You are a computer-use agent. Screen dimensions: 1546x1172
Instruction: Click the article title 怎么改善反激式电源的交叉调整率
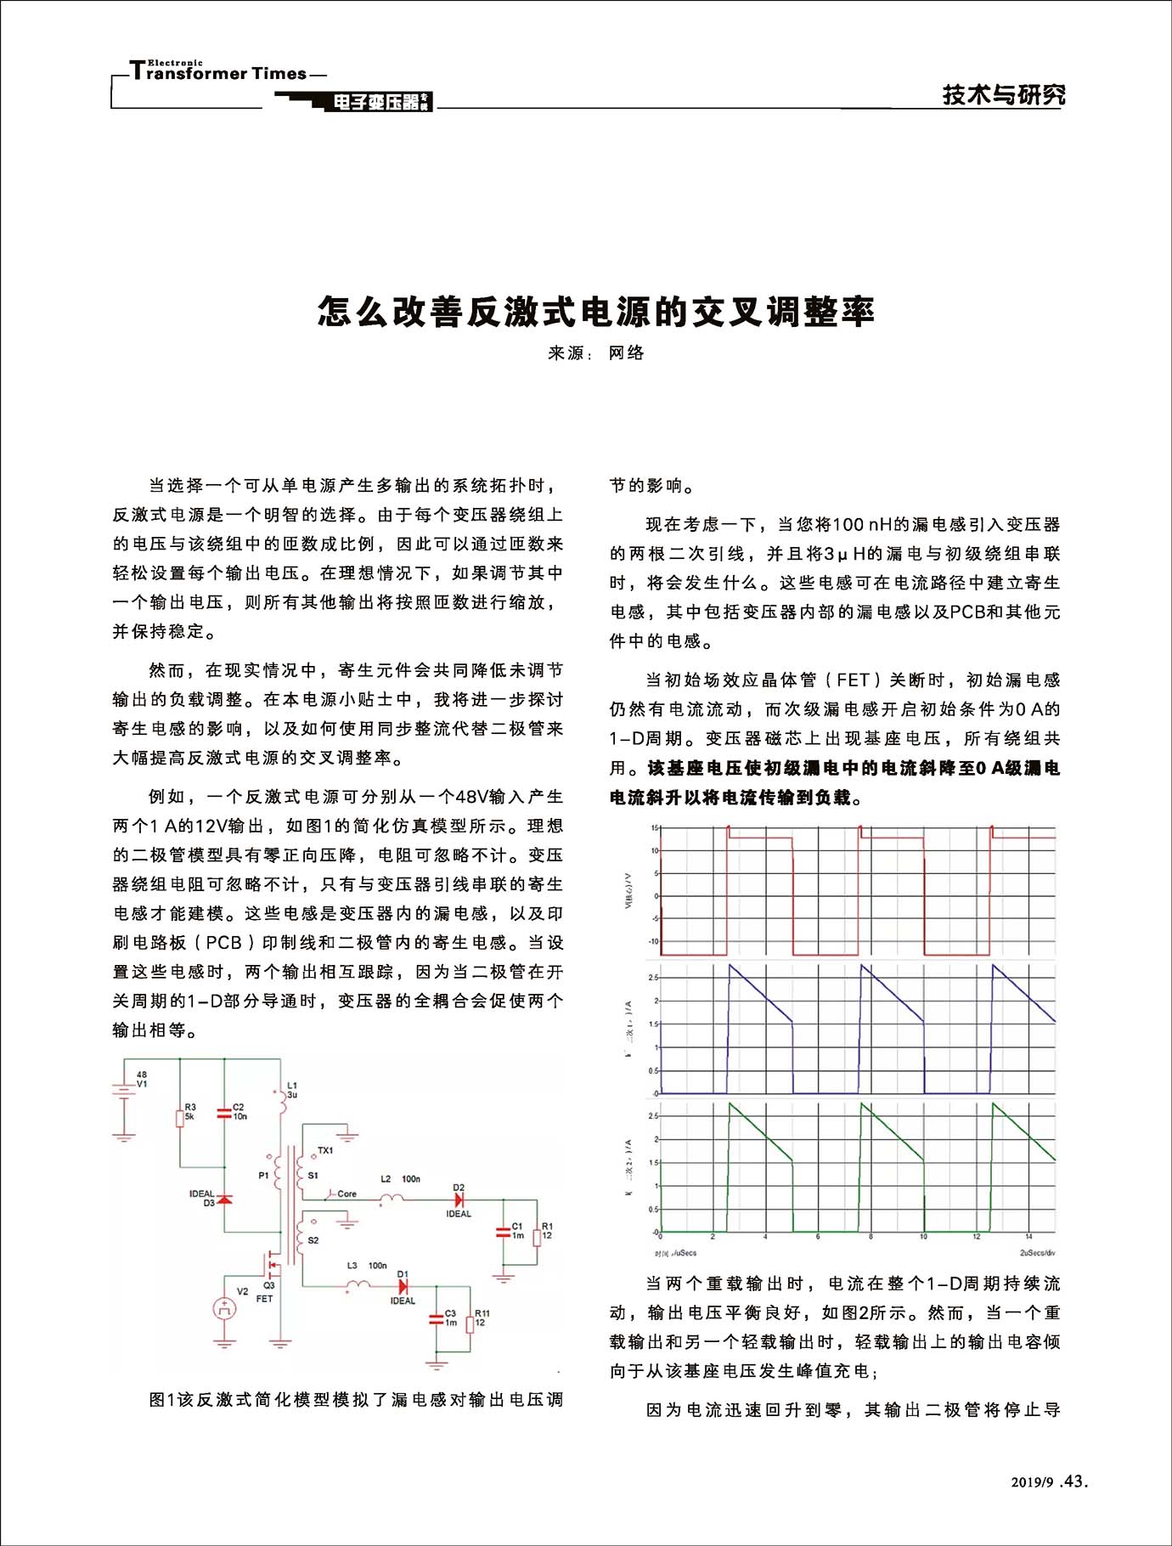(596, 312)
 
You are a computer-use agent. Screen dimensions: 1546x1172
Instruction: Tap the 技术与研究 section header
(1003, 94)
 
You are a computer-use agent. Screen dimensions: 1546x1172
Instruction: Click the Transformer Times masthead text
(218, 73)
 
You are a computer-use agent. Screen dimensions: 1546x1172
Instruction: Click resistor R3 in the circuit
(180, 1117)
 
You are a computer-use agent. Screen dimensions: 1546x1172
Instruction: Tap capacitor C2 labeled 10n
(224, 1112)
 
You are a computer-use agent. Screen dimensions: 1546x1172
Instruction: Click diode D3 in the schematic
(224, 1199)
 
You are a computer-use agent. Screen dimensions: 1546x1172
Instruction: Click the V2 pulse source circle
(224, 1309)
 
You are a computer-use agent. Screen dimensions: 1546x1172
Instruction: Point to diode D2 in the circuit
(459, 1199)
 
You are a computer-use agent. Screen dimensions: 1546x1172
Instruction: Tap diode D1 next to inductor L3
(403, 1287)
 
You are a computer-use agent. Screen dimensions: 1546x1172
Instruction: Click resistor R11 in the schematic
(470, 1324)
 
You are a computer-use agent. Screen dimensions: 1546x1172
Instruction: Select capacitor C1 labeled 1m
(504, 1231)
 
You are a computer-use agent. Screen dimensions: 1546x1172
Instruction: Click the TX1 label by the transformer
(325, 1150)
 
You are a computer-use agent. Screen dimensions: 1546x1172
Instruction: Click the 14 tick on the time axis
(1028, 1237)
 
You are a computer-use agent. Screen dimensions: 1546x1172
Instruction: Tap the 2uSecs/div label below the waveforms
(1037, 1253)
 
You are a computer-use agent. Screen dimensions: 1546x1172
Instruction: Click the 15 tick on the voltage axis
(654, 827)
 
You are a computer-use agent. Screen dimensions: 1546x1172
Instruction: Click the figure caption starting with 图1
(356, 1399)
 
